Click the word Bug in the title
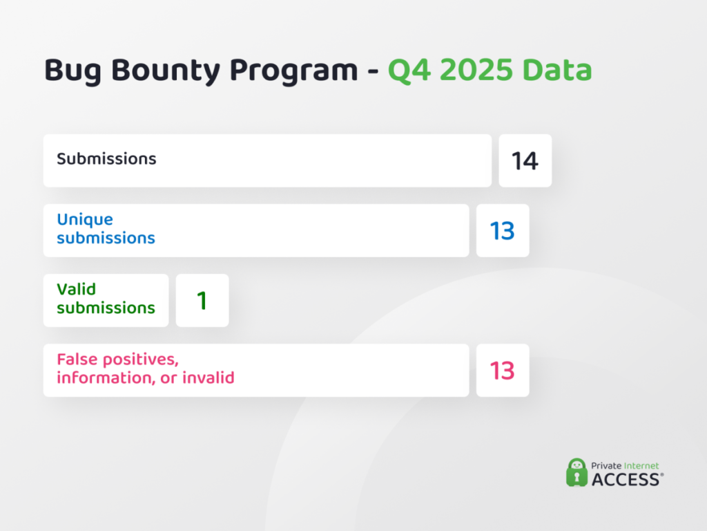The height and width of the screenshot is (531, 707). tap(71, 71)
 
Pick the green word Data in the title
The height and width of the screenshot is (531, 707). tap(559, 71)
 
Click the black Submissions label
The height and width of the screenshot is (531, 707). tap(106, 159)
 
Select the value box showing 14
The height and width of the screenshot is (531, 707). tap(525, 161)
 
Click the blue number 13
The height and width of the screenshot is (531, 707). tap(502, 231)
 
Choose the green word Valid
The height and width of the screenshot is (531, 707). tap(76, 289)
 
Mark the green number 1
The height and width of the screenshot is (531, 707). tap(202, 301)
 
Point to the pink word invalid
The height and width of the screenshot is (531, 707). tap(208, 378)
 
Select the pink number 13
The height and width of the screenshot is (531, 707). tap(502, 371)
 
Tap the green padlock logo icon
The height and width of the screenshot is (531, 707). tap(577, 472)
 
